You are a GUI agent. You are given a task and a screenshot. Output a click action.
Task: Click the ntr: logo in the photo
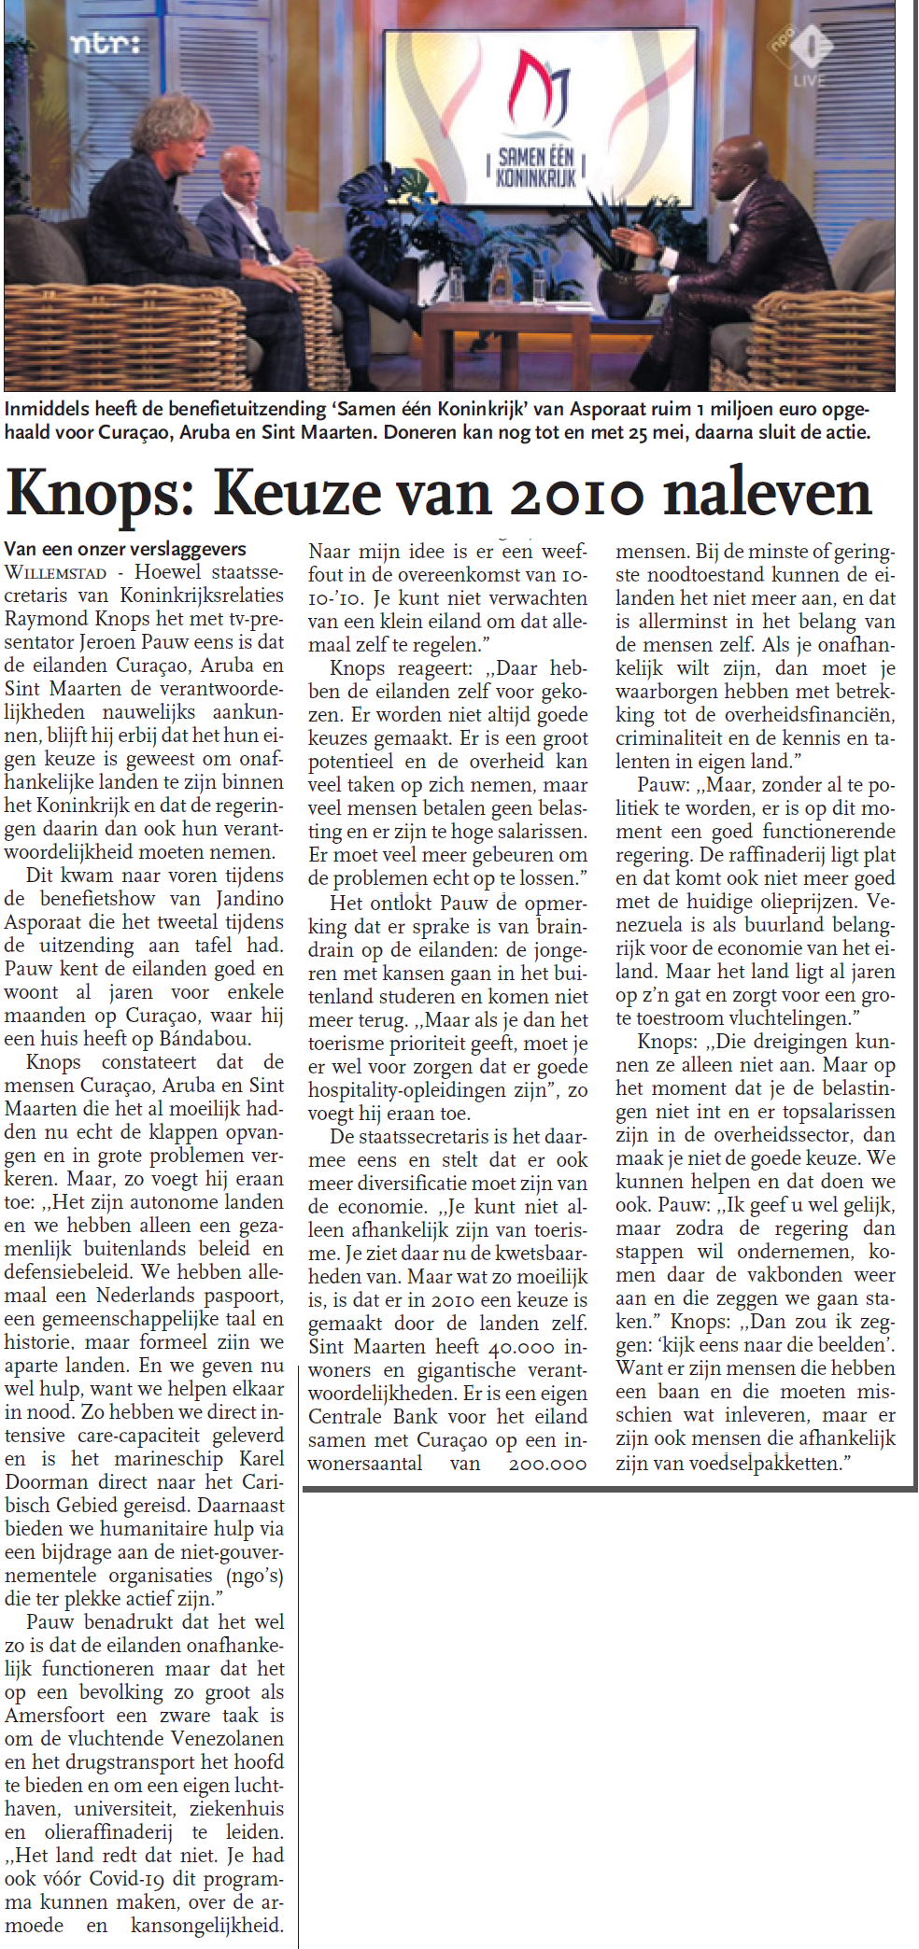tap(106, 44)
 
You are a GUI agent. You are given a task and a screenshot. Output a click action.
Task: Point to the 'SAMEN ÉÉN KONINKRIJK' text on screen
tap(536, 166)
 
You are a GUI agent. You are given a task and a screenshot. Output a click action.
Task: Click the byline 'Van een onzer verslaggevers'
tap(125, 549)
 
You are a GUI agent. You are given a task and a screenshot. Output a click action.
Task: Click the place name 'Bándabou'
tap(203, 1039)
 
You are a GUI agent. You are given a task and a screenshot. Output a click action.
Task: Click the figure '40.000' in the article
tap(522, 1347)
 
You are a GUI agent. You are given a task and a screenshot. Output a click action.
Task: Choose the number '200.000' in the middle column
tap(547, 1464)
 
